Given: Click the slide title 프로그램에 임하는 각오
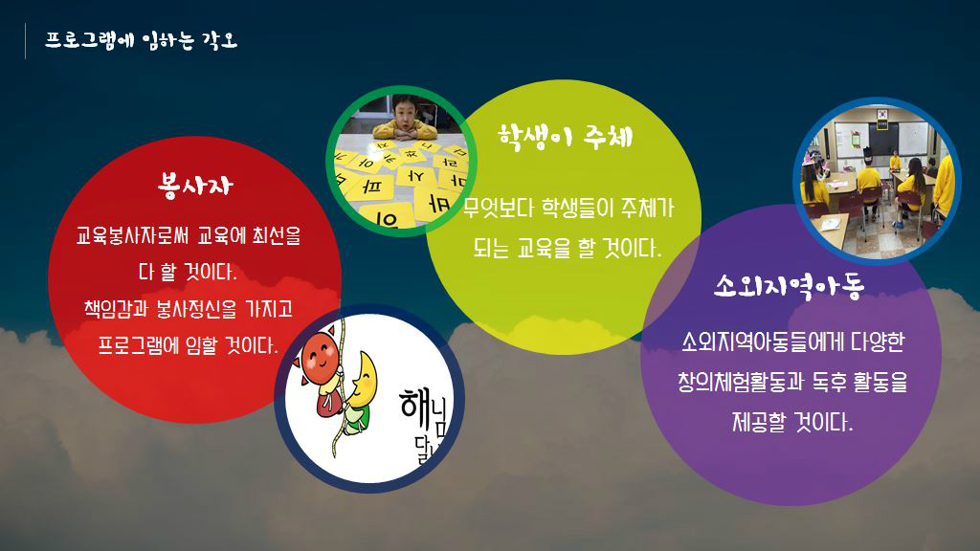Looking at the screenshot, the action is [141, 40].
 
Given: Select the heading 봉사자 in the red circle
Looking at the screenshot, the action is [195, 185].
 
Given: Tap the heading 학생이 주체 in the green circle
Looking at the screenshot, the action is [566, 137].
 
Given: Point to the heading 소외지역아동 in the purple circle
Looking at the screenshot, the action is [790, 286].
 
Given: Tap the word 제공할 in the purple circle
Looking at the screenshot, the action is [758, 422].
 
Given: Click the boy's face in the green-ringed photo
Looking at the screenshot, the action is [405, 114].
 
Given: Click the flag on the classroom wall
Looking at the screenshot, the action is [881, 115].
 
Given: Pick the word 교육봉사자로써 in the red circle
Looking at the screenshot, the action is [134, 235].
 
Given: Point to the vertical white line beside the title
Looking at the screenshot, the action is [25, 41].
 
